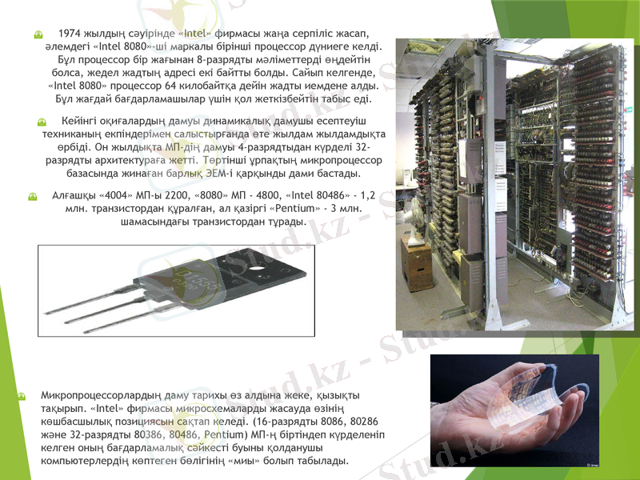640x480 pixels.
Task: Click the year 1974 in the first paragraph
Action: click(71, 34)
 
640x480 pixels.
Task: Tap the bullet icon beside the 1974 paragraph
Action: click(37, 36)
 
